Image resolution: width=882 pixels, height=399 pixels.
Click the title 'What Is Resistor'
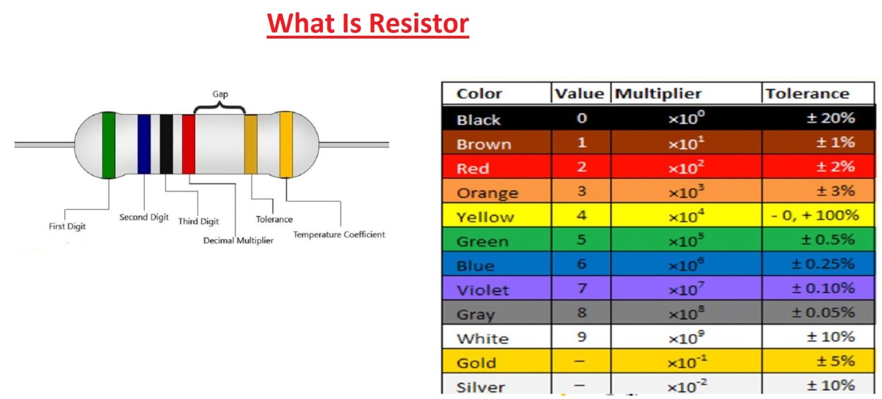(x=367, y=24)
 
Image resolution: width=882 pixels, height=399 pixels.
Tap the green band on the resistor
(x=108, y=145)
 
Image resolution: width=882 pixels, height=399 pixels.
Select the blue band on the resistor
(x=144, y=144)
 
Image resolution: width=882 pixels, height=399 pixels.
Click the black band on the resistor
(x=166, y=144)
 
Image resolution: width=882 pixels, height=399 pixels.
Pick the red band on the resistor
(x=188, y=144)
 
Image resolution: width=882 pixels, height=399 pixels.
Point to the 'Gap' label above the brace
(x=220, y=94)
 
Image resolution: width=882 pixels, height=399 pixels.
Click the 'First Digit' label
(x=67, y=227)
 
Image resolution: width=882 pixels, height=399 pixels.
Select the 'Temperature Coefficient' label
(x=339, y=235)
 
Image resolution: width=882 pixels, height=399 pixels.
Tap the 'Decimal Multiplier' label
(x=238, y=240)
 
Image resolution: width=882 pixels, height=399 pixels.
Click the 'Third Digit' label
(x=198, y=221)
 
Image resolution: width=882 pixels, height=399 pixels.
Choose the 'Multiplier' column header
(x=658, y=94)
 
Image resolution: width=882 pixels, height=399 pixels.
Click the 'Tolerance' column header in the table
(x=807, y=94)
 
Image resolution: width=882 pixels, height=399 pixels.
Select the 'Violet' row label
(x=482, y=290)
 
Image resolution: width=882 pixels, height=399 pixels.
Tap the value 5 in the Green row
(x=581, y=240)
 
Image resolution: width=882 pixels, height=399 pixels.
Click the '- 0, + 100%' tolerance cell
(x=814, y=216)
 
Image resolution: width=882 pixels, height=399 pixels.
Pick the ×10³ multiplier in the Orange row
(x=686, y=191)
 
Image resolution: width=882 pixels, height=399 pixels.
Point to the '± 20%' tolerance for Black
(x=831, y=118)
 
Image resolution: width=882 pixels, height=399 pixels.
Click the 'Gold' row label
(x=476, y=363)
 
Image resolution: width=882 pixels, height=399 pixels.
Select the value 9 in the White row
(x=581, y=337)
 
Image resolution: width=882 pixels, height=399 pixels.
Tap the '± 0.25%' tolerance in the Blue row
(x=823, y=264)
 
